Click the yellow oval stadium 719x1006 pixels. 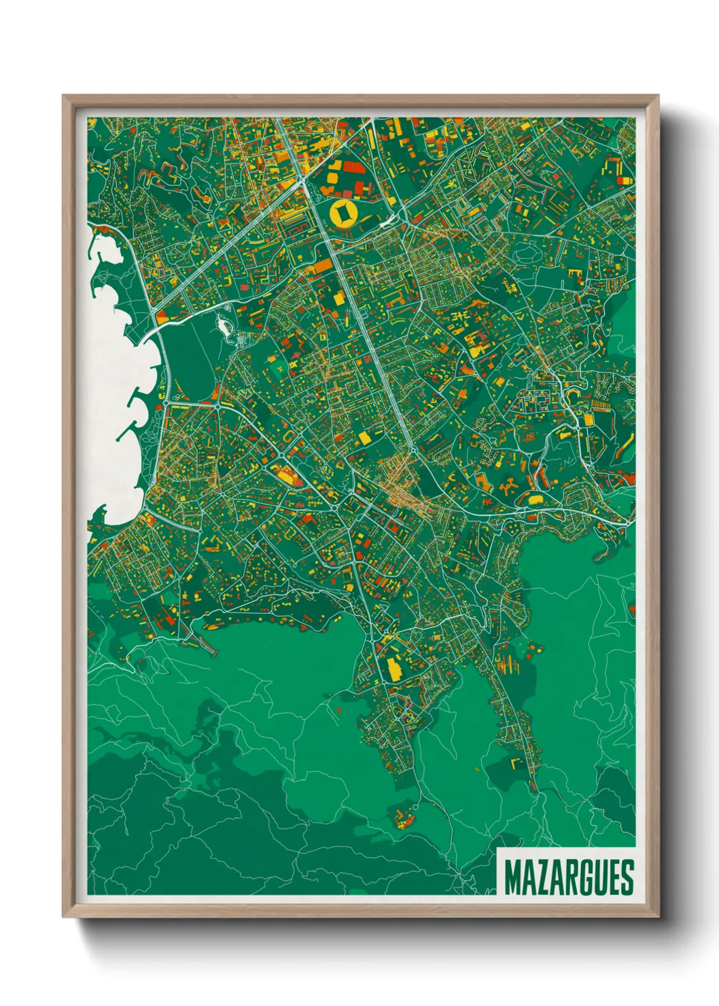coord(343,213)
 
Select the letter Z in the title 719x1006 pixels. coord(544,878)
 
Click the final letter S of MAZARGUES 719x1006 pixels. coord(627,878)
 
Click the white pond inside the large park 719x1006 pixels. coord(224,326)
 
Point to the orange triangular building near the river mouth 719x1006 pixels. coord(162,316)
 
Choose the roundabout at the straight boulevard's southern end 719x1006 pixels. coord(413,449)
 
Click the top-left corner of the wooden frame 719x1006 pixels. coord(63,96)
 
